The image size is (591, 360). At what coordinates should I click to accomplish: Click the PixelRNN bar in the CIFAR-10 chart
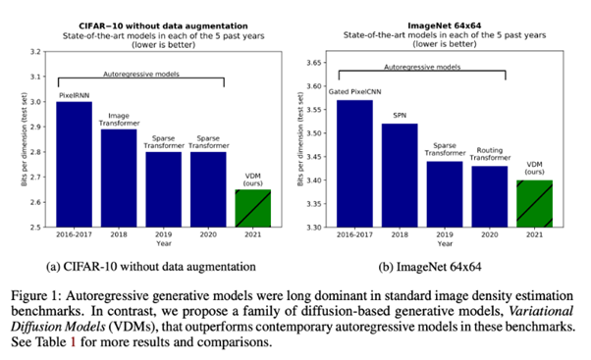75,164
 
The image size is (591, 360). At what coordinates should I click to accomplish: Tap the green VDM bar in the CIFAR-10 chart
253,208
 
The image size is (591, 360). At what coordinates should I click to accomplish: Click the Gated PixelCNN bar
354,164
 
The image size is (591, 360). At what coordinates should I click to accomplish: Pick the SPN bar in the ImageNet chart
400,176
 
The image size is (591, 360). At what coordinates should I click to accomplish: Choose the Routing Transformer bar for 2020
490,196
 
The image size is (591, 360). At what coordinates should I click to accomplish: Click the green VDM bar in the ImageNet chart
534,204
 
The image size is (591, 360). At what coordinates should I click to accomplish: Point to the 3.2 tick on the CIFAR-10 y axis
35,52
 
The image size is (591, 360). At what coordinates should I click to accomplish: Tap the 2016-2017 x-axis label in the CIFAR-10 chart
75,234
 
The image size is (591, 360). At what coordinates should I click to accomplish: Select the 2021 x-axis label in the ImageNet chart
534,234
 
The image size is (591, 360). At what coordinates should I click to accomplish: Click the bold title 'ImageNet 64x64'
445,26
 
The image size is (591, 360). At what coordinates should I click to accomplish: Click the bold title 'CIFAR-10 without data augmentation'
163,26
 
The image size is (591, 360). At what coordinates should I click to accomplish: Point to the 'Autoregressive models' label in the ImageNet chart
422,67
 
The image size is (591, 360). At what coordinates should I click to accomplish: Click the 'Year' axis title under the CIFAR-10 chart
164,243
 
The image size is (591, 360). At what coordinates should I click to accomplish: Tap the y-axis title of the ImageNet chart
300,139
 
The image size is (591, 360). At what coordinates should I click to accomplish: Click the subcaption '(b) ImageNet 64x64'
430,267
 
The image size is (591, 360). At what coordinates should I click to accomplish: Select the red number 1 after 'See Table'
73,342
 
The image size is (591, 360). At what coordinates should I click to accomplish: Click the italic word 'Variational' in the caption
541,311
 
